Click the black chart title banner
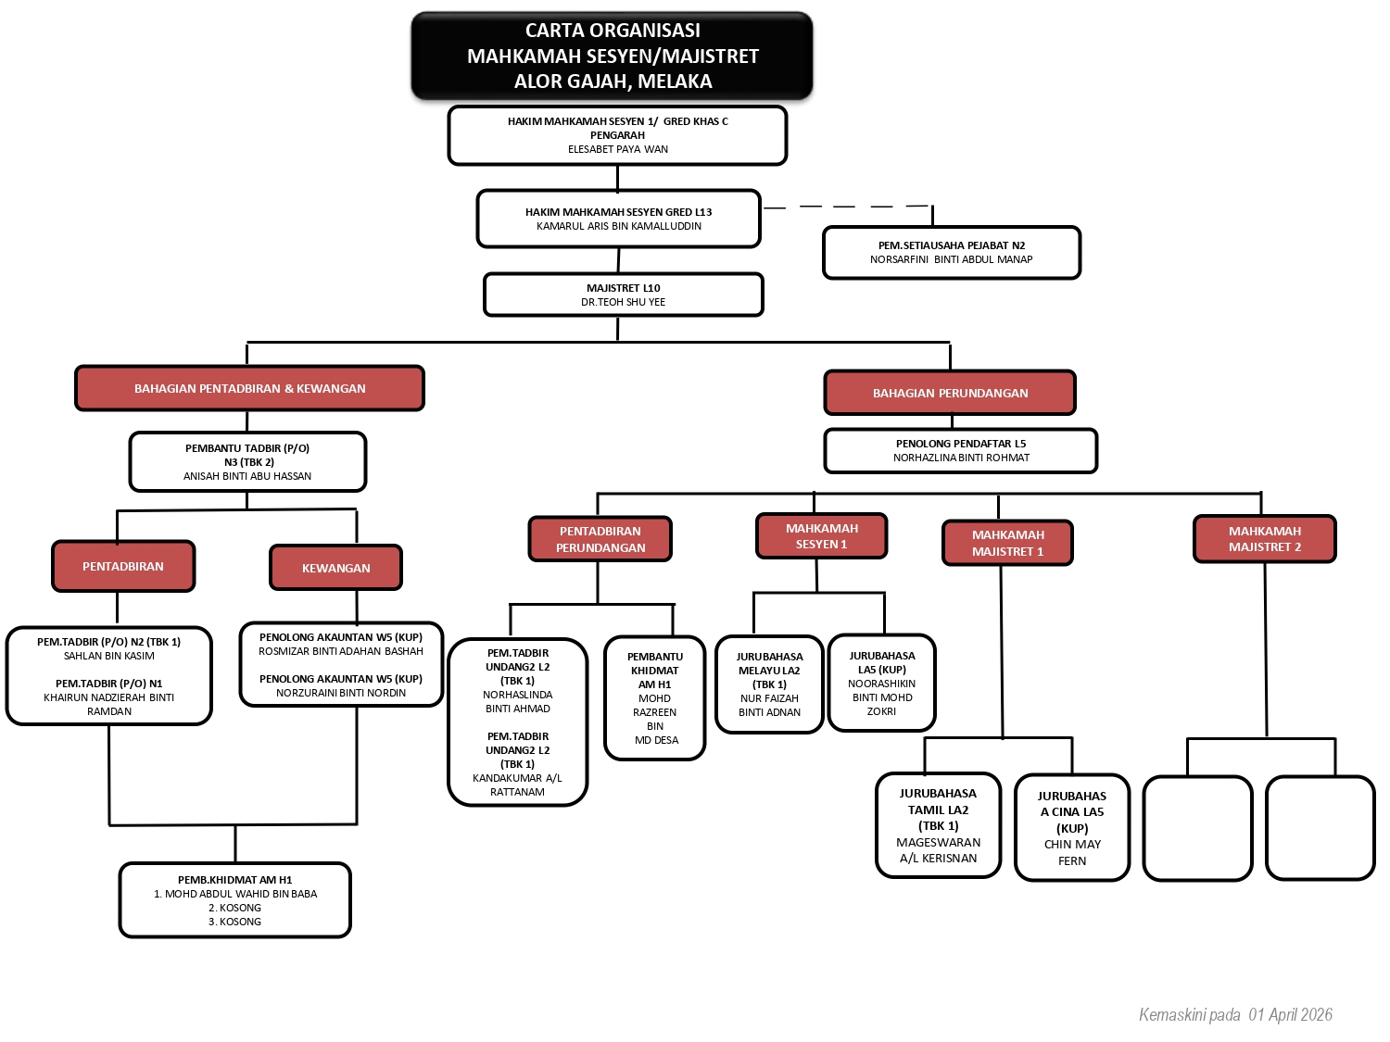point(612,56)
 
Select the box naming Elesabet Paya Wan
point(617,135)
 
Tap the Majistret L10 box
point(623,295)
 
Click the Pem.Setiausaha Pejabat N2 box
point(951,253)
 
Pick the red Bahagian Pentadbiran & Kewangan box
point(249,388)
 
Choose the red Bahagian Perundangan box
point(950,393)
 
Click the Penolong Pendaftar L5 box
point(960,450)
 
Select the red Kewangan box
point(335,568)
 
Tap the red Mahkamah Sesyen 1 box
point(821,536)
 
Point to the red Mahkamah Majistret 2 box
point(1264,539)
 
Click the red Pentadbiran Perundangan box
point(600,539)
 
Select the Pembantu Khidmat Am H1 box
point(655,697)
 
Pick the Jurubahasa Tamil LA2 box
point(938,825)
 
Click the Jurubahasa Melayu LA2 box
point(769,684)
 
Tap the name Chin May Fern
point(1072,852)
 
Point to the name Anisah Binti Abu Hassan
point(247,476)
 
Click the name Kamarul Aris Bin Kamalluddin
point(619,226)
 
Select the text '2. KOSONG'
point(234,908)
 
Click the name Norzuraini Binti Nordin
point(341,693)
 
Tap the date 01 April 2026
point(1290,1014)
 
